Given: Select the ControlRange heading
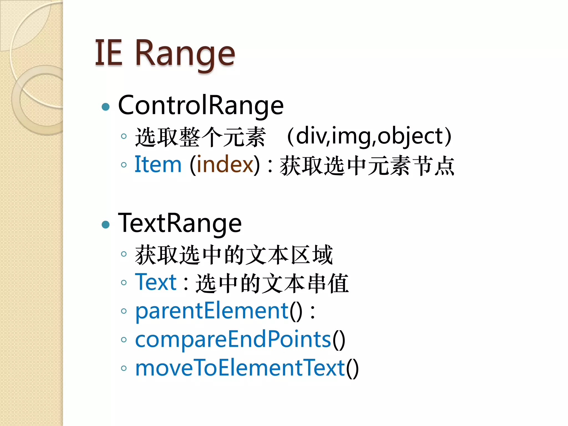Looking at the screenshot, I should (201, 105).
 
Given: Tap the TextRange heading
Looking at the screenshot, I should (180, 223).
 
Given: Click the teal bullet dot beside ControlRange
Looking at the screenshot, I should (106, 107).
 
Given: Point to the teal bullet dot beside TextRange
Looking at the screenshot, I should (106, 224).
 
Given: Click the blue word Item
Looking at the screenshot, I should (158, 164).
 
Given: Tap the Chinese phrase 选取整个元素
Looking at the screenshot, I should (200, 137).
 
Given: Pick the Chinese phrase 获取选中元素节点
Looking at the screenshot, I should (367, 166).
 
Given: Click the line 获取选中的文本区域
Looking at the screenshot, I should (234, 255).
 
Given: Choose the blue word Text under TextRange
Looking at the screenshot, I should (156, 282).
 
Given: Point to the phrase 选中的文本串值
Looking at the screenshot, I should (272, 283).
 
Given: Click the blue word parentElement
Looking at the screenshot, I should (212, 311).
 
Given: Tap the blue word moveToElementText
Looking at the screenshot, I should (240, 368).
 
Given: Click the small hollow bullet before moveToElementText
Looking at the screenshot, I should (124, 368).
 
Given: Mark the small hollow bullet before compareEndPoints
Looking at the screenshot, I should (124, 340).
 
